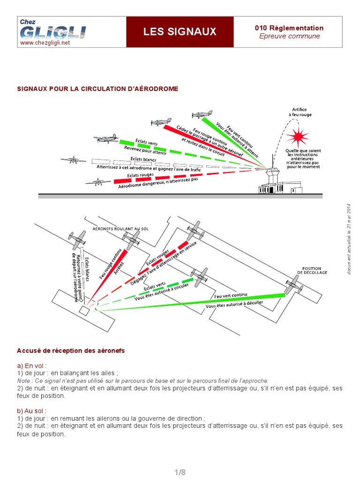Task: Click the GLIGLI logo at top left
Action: pyautogui.click(x=52, y=31)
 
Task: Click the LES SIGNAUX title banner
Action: pyautogui.click(x=180, y=31)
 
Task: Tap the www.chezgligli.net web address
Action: pyautogui.click(x=45, y=43)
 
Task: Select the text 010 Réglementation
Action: pyautogui.click(x=289, y=28)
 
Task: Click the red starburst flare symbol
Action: pyautogui.click(x=297, y=137)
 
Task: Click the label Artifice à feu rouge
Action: pyautogui.click(x=300, y=112)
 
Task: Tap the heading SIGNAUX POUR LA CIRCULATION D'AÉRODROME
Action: pyautogui.click(x=97, y=89)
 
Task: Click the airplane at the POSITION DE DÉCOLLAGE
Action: pyautogui.click(x=293, y=284)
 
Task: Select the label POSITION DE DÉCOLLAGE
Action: pyautogui.click(x=312, y=270)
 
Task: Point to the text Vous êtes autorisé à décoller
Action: pyautogui.click(x=234, y=305)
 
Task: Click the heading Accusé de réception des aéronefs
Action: pyautogui.click(x=71, y=351)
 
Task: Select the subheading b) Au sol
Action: pyautogui.click(x=32, y=411)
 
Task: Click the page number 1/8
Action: pyautogui.click(x=180, y=472)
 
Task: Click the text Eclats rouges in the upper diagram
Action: pyautogui.click(x=140, y=175)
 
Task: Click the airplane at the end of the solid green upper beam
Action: pyautogui.click(x=202, y=114)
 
